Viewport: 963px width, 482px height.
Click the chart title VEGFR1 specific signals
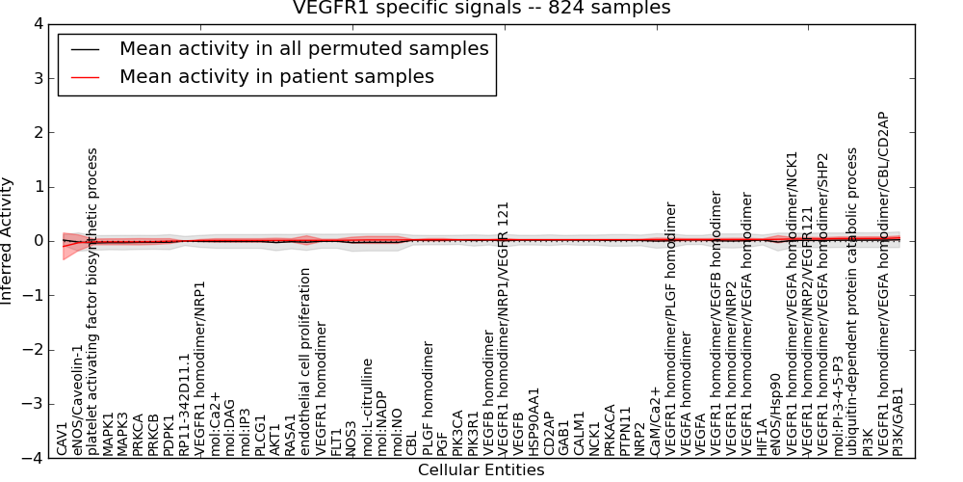481,9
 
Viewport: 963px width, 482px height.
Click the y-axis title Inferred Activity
9,241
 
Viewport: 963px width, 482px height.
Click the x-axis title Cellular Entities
481,470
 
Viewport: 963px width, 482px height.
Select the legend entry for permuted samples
303,48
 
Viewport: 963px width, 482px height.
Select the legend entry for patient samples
276,76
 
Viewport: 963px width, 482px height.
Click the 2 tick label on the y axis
37,132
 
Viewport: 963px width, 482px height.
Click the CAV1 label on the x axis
63,439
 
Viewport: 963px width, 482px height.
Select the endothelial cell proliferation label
306,361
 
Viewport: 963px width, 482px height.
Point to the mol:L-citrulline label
367,407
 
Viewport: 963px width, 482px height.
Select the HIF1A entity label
762,436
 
